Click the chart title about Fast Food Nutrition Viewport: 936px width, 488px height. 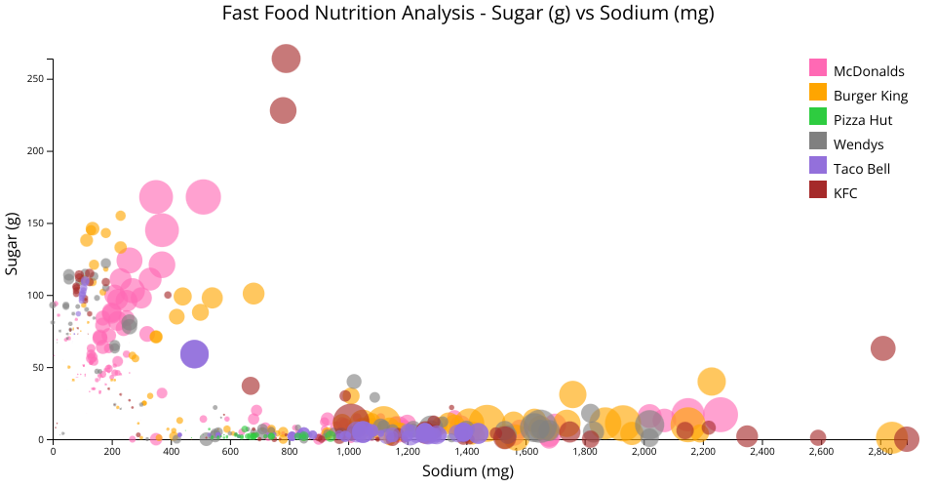coord(468,14)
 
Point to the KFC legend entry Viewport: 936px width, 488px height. coord(845,193)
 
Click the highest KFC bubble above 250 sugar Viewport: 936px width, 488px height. coord(285,59)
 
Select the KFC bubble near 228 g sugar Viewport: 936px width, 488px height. coord(283,110)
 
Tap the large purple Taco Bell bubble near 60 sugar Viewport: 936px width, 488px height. coord(194,354)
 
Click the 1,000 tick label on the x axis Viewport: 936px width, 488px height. coord(348,451)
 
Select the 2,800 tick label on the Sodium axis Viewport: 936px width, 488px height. coord(880,451)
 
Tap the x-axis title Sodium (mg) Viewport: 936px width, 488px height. coord(468,471)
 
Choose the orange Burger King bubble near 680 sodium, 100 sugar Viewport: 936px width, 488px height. coord(253,294)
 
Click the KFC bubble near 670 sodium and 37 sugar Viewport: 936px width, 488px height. coord(251,386)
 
